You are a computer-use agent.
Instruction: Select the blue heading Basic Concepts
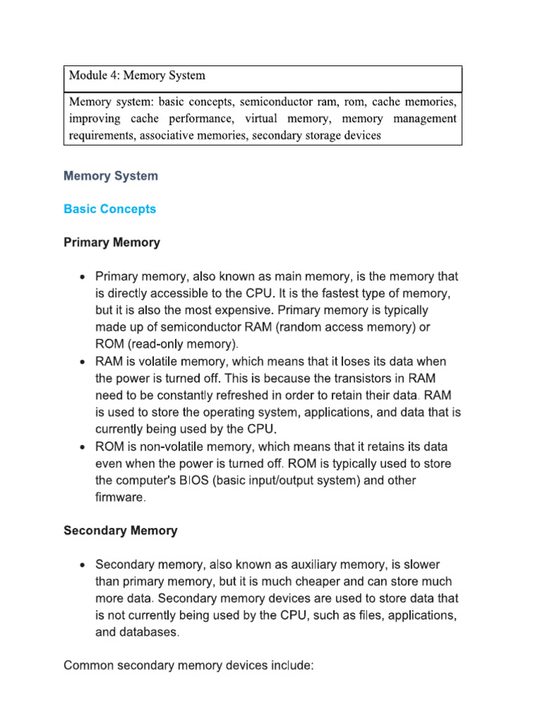click(110, 209)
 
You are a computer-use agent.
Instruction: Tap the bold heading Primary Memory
click(112, 243)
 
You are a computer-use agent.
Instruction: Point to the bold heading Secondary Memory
click(120, 531)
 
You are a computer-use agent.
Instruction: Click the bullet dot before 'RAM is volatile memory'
click(84, 362)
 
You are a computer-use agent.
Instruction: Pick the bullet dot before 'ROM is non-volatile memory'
click(84, 448)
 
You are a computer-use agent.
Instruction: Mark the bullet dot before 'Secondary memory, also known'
click(84, 565)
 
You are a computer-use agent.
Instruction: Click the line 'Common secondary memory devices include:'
click(188, 665)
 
